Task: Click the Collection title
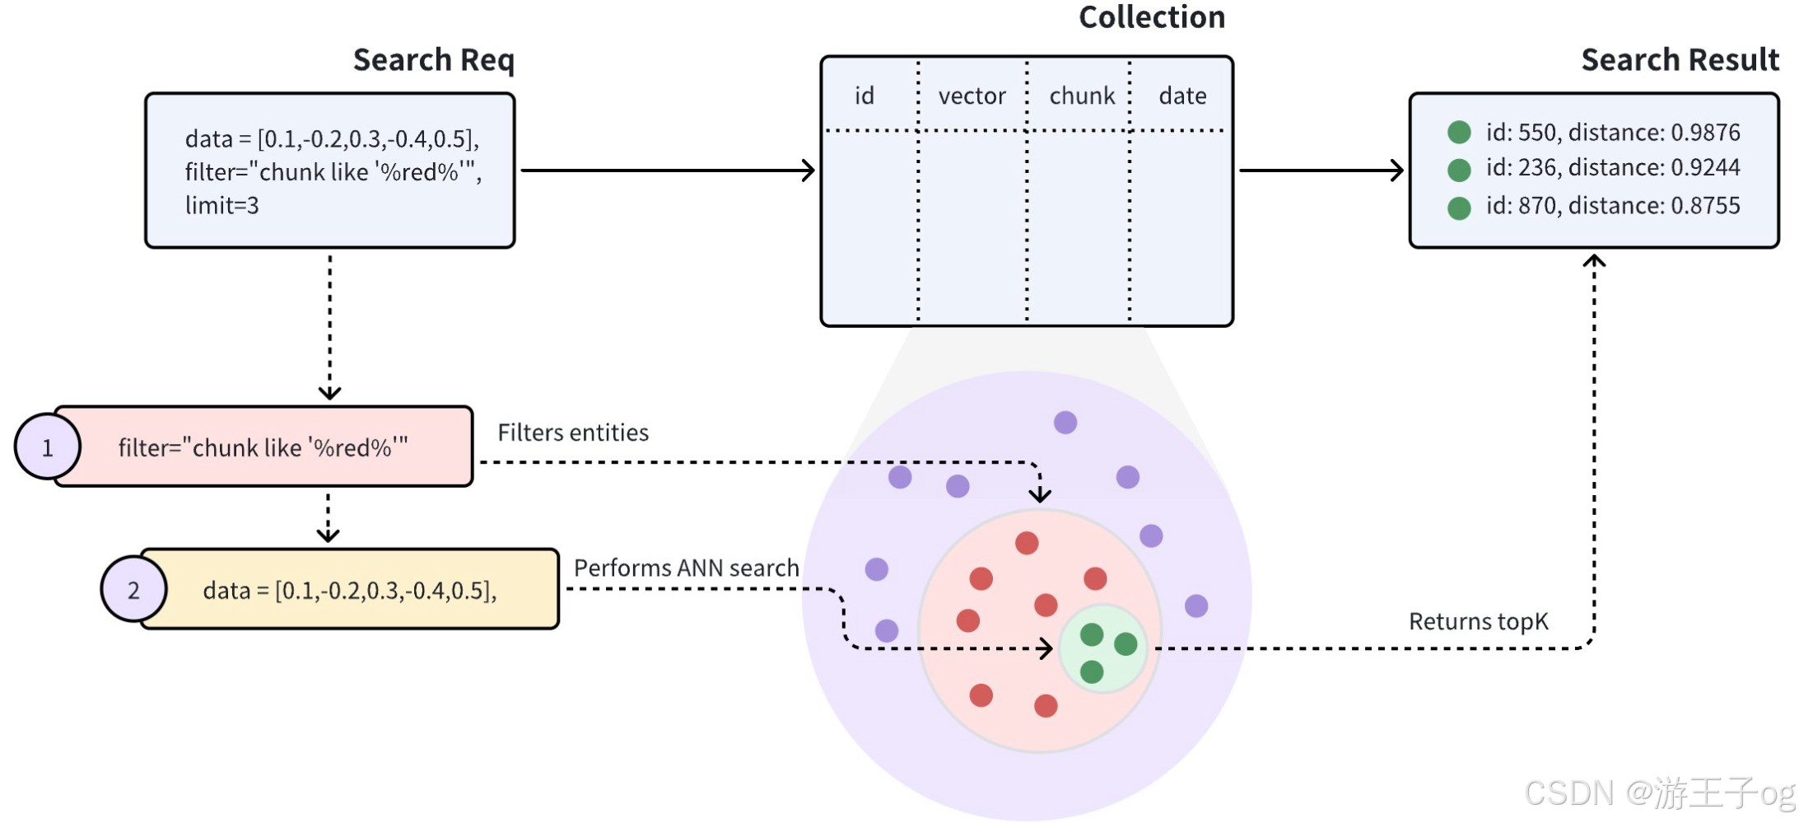coord(1152,17)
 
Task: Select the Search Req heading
coord(434,60)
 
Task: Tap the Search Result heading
coord(1680,60)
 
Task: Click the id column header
coord(864,96)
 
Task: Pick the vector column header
coord(972,96)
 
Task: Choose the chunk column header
coord(1082,96)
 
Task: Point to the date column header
coord(1182,96)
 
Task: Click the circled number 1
coord(48,447)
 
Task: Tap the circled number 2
coord(133,589)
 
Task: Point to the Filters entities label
coord(573,433)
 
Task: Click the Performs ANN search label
coord(687,568)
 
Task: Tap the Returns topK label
coord(1478,621)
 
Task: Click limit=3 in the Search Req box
coord(221,205)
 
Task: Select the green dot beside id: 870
coord(1459,208)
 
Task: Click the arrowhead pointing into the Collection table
coord(809,171)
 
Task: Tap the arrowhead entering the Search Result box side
coord(1397,171)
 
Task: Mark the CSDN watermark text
coord(1660,793)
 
